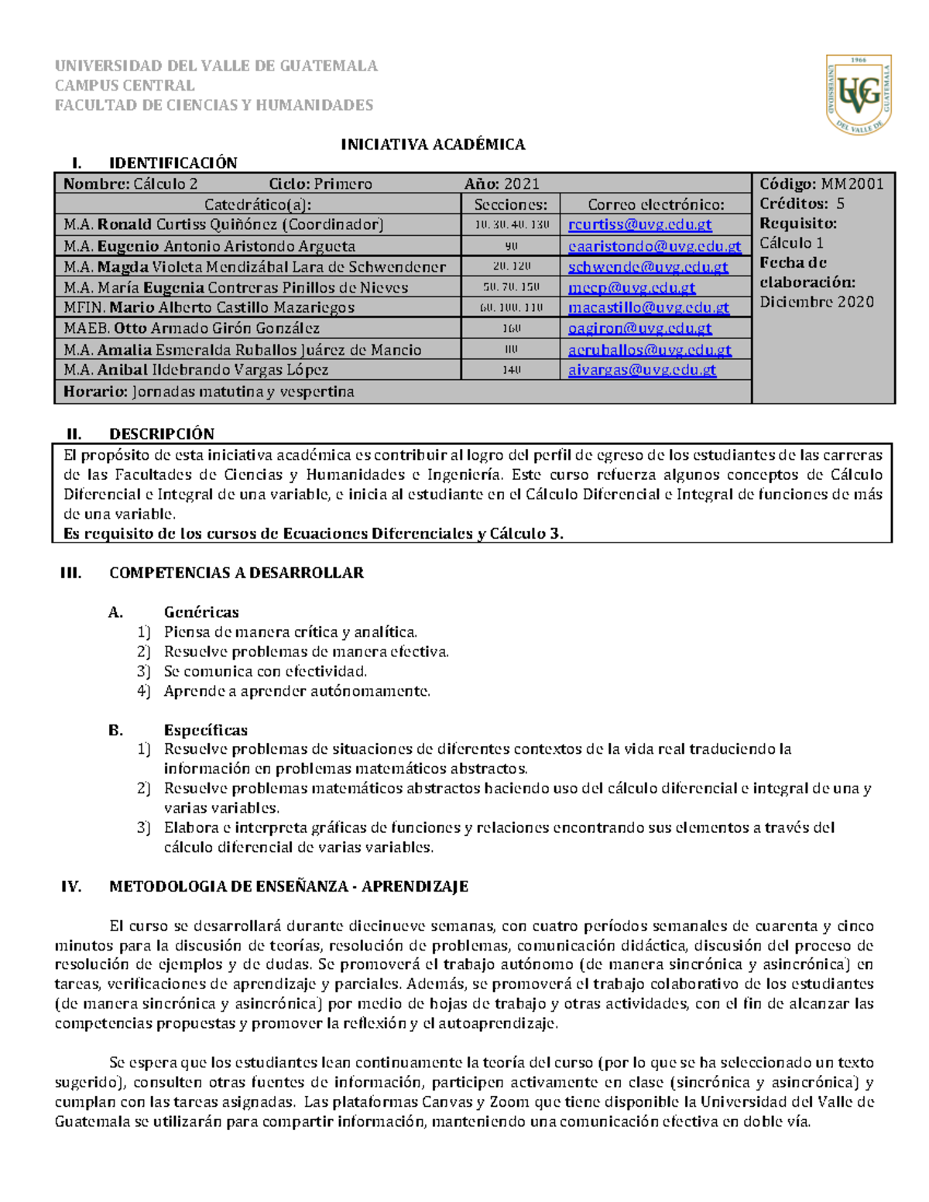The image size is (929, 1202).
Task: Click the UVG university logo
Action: point(859,94)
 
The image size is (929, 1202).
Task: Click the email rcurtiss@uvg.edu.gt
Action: point(639,225)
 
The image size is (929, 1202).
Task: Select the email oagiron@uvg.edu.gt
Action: point(639,328)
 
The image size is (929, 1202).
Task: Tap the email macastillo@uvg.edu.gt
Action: point(648,308)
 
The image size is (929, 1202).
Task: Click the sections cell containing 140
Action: point(511,371)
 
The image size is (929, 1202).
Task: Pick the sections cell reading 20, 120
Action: point(511,267)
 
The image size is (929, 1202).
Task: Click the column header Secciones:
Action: point(510,205)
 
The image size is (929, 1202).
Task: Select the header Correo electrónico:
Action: point(656,205)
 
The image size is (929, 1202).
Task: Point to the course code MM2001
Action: point(852,184)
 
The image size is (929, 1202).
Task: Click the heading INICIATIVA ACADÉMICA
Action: point(434,145)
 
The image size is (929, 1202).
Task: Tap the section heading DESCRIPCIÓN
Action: point(162,434)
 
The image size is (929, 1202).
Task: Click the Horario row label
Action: point(95,392)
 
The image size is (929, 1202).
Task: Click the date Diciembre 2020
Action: point(816,303)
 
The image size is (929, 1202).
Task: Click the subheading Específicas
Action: point(206,731)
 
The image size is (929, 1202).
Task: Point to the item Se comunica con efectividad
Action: point(265,672)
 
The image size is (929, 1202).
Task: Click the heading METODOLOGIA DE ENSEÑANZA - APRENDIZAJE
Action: point(289,887)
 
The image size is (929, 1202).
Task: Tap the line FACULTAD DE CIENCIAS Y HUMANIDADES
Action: point(214,105)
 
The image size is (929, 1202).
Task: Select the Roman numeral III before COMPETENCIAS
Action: point(70,574)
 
